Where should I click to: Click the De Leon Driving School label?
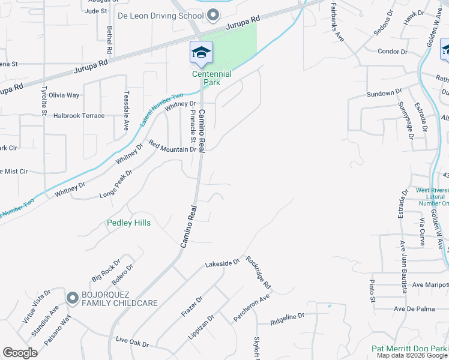tap(160, 15)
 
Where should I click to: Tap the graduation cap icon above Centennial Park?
tap(201, 52)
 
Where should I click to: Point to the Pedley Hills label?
tap(128, 223)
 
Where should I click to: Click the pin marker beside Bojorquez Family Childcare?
tap(73, 297)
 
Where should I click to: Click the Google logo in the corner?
tap(20, 353)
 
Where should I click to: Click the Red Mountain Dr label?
tap(173, 146)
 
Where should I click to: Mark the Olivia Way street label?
tap(64, 95)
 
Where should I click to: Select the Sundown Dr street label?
tap(384, 93)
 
